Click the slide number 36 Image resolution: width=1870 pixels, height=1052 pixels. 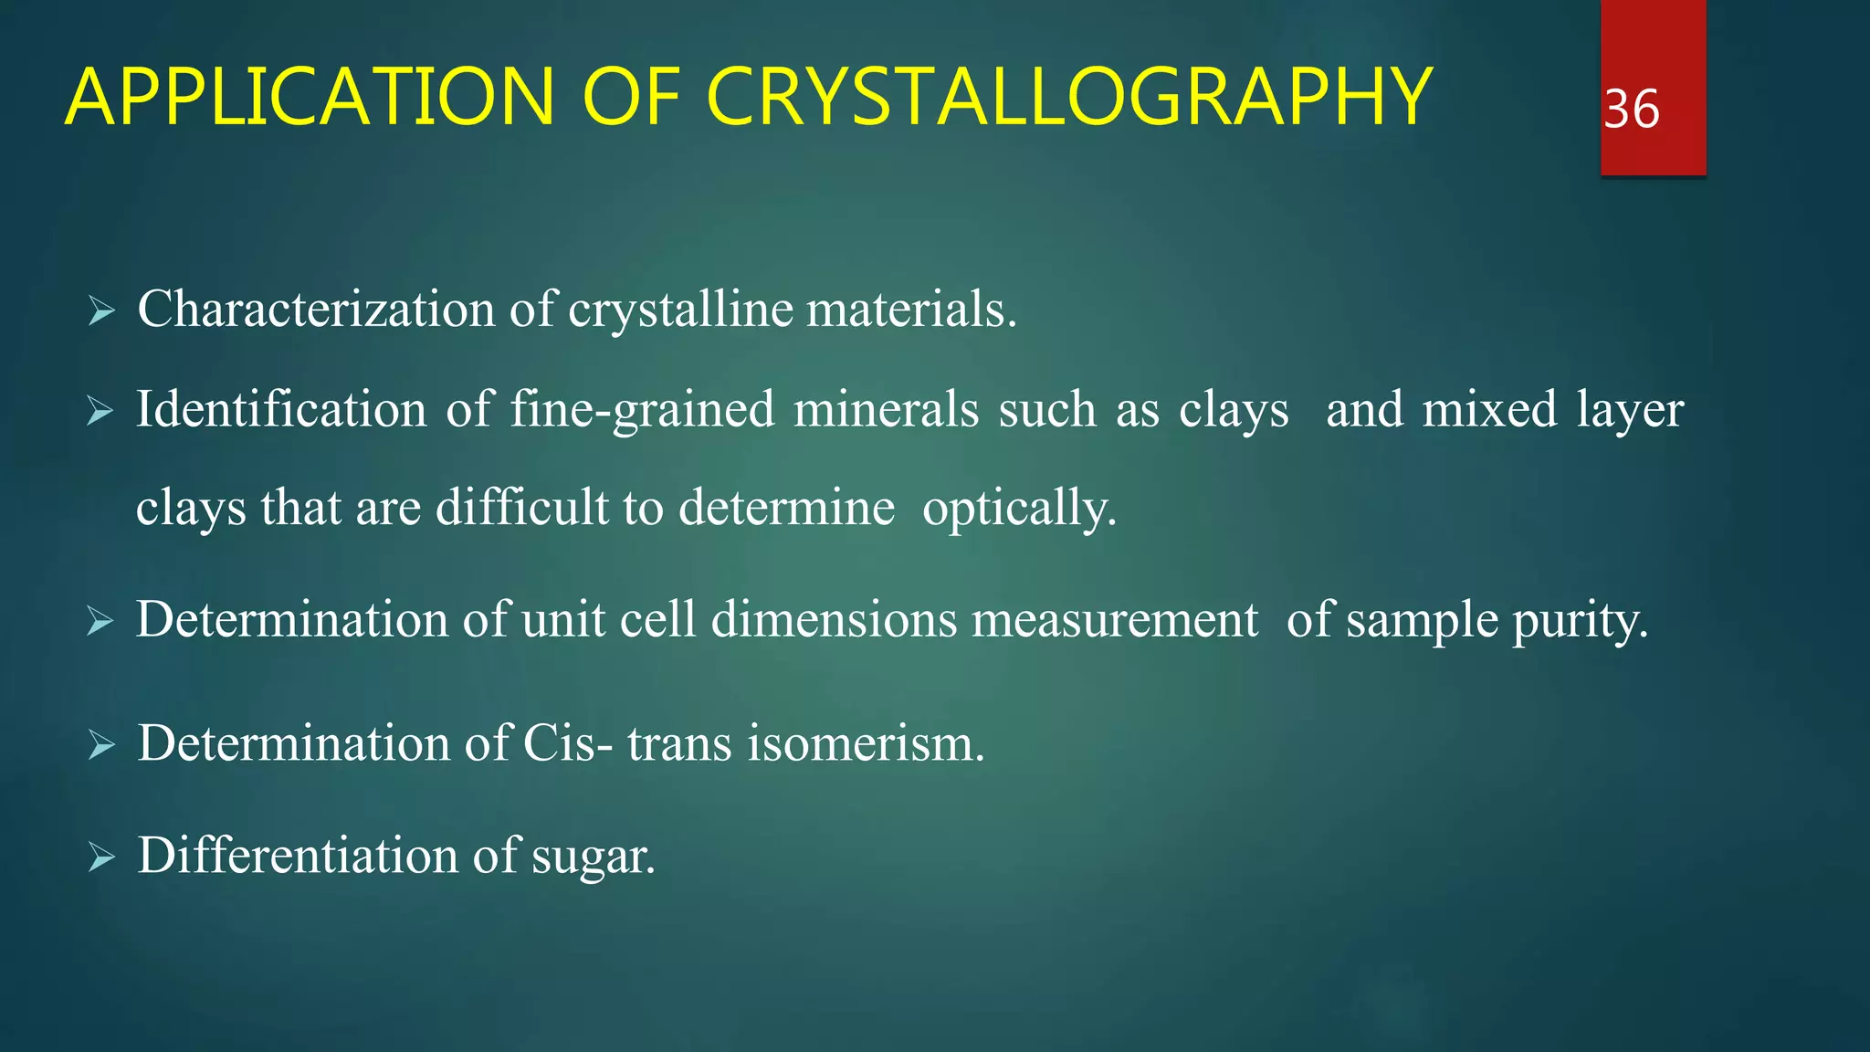[1632, 110]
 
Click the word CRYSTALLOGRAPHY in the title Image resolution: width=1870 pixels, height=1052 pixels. [1068, 97]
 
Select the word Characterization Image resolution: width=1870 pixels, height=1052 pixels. [316, 310]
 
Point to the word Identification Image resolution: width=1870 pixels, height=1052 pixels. [281, 409]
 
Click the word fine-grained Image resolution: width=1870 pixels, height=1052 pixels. [642, 411]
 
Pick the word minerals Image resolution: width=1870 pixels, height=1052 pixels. [886, 409]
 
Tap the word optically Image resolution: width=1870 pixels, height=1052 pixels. [1019, 510]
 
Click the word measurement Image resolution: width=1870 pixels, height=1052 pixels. [1115, 622]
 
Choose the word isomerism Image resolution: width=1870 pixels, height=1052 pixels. [866, 743]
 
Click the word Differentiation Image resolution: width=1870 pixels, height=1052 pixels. [298, 856]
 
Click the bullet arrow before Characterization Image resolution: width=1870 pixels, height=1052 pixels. [100, 312]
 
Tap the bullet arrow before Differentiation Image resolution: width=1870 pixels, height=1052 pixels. [100, 858]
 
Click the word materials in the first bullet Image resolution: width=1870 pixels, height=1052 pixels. [910, 310]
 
